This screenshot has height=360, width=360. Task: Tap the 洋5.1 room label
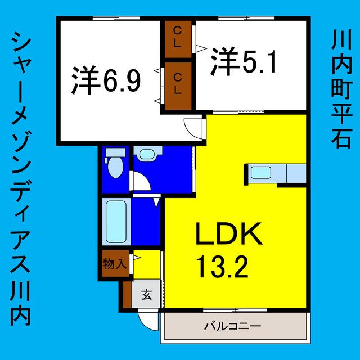coord(244,61)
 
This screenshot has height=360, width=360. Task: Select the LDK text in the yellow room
coord(229,234)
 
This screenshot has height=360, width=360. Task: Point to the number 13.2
coord(223,267)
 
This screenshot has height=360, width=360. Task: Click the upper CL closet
coord(178,39)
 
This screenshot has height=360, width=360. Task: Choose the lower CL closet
coord(178,86)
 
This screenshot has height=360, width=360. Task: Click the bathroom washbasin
coord(147,154)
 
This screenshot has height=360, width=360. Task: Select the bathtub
coord(116,222)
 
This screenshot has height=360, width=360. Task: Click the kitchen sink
coord(261,173)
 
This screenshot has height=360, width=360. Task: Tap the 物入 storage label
coord(115,264)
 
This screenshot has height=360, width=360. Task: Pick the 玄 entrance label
coord(146,294)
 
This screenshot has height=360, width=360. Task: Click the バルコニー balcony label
coord(232,326)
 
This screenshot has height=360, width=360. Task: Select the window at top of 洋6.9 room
coord(116,19)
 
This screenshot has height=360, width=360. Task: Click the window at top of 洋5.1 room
coord(246,19)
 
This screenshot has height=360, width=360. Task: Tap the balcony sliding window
coord(235,310)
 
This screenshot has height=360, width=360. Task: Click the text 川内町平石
coord(341,90)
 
